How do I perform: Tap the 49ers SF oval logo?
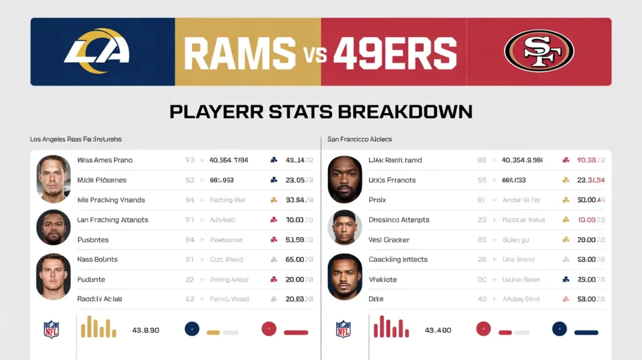click(539, 51)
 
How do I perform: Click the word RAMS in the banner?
click(239, 52)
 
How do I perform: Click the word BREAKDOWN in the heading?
click(405, 112)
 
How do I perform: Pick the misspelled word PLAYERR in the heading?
click(214, 112)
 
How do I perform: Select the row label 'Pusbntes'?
click(93, 240)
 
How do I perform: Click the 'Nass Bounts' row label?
click(97, 259)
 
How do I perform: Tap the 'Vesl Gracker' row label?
click(389, 240)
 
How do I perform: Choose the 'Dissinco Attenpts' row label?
click(399, 220)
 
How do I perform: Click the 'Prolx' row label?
click(377, 200)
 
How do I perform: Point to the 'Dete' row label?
click(376, 299)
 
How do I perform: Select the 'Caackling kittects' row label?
click(398, 259)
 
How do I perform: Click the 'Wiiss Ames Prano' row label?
click(105, 160)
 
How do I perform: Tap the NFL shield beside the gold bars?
click(51, 329)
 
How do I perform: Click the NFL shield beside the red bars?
click(344, 329)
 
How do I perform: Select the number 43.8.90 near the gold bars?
click(145, 330)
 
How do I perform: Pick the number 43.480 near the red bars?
click(438, 330)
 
